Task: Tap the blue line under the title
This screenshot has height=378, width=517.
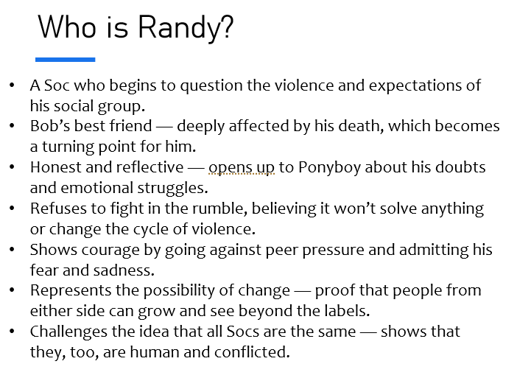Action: click(66, 60)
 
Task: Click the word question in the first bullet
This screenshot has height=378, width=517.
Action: click(211, 85)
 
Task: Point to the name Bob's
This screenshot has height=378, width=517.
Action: click(50, 126)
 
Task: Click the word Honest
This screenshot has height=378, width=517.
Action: click(56, 167)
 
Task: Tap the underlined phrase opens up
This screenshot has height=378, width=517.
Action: click(242, 167)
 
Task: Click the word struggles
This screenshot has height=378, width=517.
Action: click(172, 188)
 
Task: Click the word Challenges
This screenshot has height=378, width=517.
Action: click(68, 332)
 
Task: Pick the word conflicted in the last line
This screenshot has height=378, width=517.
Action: click(252, 352)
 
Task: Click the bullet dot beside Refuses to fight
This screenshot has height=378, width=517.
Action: click(13, 209)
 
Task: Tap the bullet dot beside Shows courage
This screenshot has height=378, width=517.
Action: click(13, 250)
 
